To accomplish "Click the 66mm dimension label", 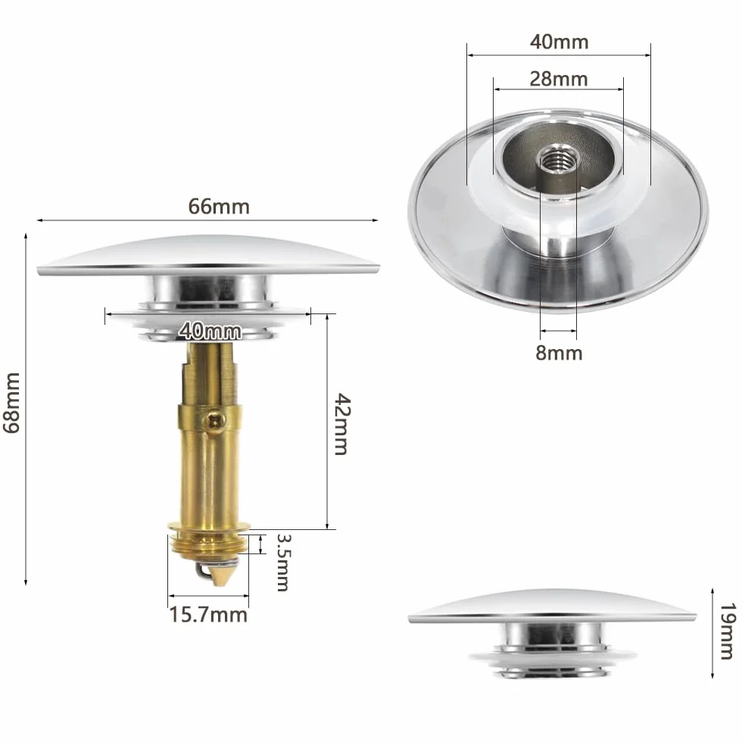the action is coord(219,207).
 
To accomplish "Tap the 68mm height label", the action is coord(12,403).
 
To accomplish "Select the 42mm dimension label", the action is coord(342,424).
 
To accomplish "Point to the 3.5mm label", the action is coord(283,563).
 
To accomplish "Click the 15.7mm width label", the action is coord(208,615).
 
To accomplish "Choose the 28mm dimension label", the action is coord(559,79).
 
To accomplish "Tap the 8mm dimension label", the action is coord(559,353).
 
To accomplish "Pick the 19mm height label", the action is coord(728,631).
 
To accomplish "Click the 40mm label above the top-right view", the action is coord(559,42).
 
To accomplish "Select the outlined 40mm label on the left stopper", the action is coord(210,330).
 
